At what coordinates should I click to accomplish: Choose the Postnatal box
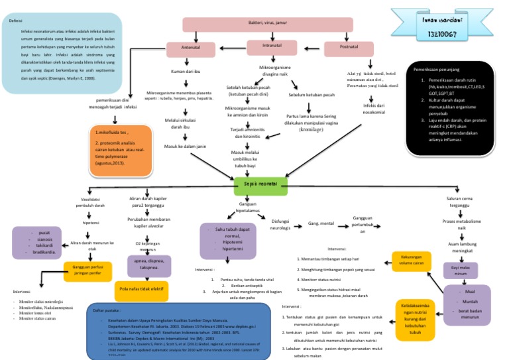click(x=349, y=49)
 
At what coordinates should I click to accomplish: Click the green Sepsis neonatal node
click(x=260, y=183)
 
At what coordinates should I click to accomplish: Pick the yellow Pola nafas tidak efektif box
click(x=141, y=290)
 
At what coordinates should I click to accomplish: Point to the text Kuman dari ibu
click(x=186, y=71)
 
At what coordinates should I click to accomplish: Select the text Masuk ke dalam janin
click(x=186, y=145)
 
